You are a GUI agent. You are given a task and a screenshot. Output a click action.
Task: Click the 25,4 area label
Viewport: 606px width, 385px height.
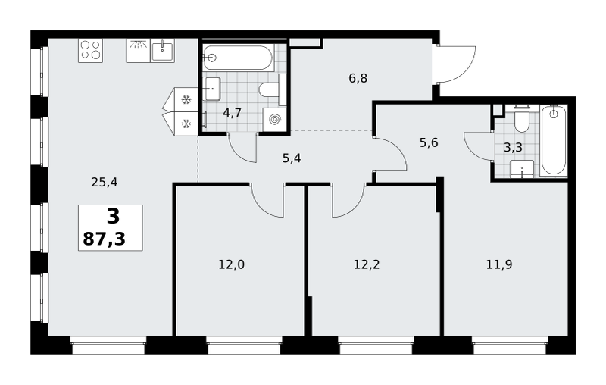click(105, 182)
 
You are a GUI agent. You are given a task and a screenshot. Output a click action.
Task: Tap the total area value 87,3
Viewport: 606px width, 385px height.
click(105, 239)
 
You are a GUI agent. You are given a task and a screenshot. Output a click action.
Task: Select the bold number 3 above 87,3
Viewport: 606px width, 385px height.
click(113, 216)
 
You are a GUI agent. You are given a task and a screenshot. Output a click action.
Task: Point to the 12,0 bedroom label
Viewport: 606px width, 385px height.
click(232, 264)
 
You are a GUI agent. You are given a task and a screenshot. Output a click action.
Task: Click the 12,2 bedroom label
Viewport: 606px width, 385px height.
click(367, 264)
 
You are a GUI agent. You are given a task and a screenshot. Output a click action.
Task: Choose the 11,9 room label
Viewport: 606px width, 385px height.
click(499, 264)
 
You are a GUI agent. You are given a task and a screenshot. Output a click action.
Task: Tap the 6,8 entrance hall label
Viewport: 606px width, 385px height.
click(358, 79)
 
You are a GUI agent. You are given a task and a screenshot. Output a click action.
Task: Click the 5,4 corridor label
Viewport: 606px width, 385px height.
click(292, 158)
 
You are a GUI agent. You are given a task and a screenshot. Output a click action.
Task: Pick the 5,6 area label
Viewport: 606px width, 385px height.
click(429, 143)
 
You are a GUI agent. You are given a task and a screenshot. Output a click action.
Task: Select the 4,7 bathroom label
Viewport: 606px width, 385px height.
click(233, 113)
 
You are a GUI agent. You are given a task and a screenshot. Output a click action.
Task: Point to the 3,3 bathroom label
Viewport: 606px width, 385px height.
click(514, 147)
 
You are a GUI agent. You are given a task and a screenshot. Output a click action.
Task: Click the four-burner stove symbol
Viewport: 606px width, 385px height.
click(90, 50)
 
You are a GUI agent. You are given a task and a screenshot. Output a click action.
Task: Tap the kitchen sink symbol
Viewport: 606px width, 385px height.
click(162, 50)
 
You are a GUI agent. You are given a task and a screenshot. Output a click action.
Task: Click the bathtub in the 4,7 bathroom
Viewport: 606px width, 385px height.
click(238, 58)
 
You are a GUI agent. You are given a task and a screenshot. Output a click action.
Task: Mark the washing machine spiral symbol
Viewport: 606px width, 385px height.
click(275, 120)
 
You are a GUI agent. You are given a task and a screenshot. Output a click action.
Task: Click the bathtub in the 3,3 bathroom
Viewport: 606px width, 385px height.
click(554, 141)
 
